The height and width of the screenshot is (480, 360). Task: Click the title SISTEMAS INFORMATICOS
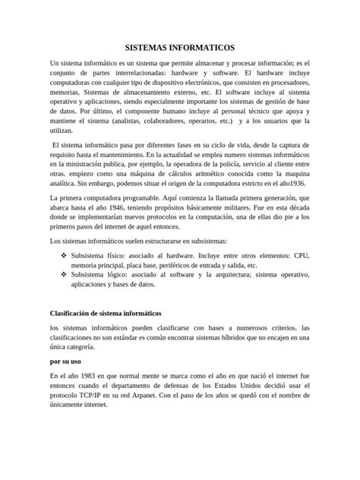[x=180, y=46]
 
